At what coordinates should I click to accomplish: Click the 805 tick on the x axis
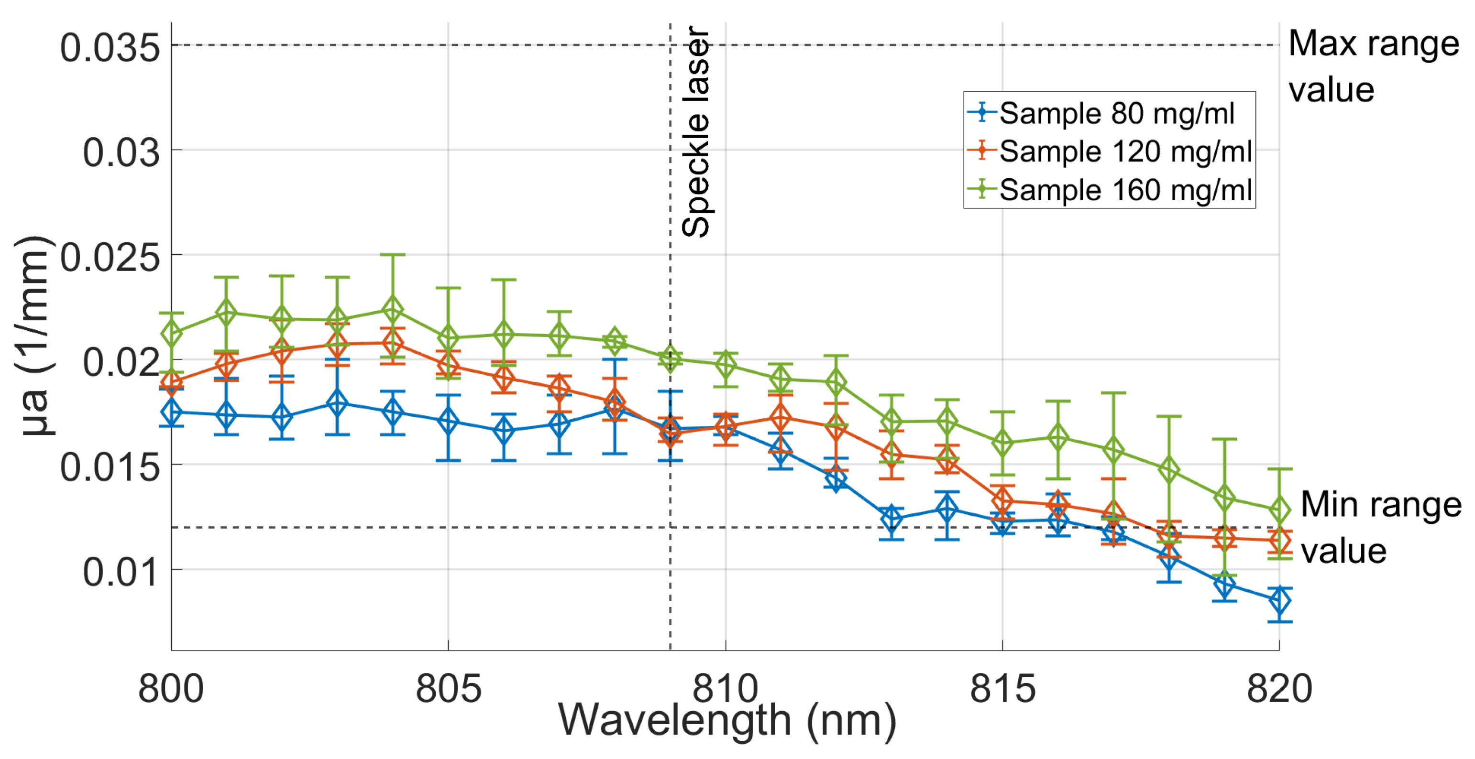tap(448, 689)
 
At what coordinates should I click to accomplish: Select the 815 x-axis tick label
tap(1002, 689)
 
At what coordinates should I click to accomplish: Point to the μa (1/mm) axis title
tap(34, 336)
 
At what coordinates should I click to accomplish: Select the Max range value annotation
tap(1373, 66)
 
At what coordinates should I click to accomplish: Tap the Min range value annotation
tap(1380, 528)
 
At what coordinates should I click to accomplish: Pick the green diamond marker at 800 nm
tap(171, 334)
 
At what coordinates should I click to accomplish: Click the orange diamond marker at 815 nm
tap(1002, 499)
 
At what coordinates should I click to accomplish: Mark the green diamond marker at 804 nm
tap(393, 310)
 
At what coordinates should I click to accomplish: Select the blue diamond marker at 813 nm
tap(892, 519)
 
